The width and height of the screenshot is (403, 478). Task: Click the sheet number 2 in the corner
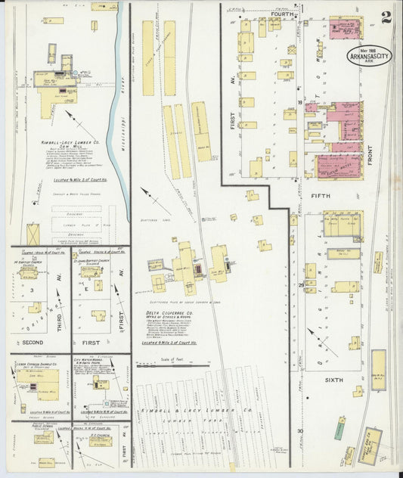(386, 17)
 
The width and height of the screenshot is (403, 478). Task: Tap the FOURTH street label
(282, 14)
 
